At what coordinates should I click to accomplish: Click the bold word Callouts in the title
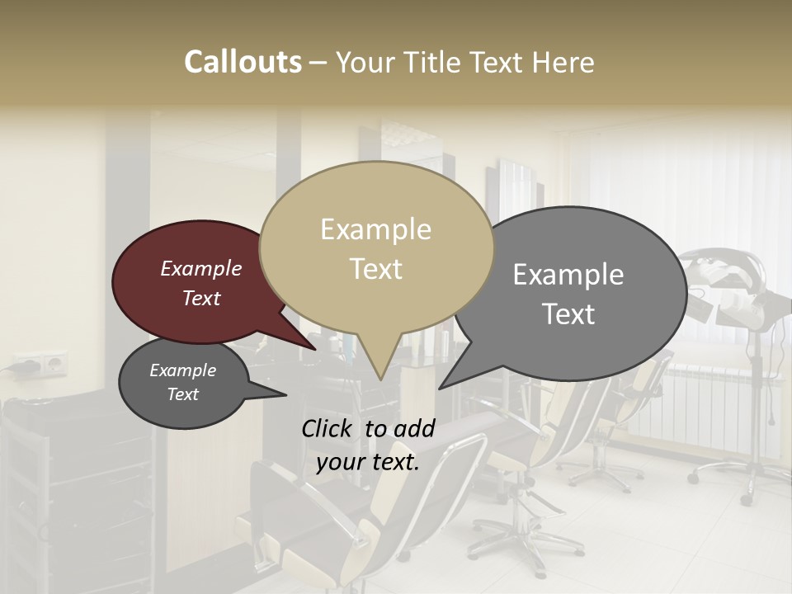pos(243,62)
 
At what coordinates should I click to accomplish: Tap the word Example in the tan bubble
pos(375,229)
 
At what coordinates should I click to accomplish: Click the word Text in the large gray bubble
pos(568,314)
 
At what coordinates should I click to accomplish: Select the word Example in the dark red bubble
pos(201,268)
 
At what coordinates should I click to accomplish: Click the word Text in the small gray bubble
pos(183,394)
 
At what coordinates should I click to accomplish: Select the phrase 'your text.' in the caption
pos(367,462)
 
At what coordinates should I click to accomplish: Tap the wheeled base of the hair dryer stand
pos(738,478)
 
